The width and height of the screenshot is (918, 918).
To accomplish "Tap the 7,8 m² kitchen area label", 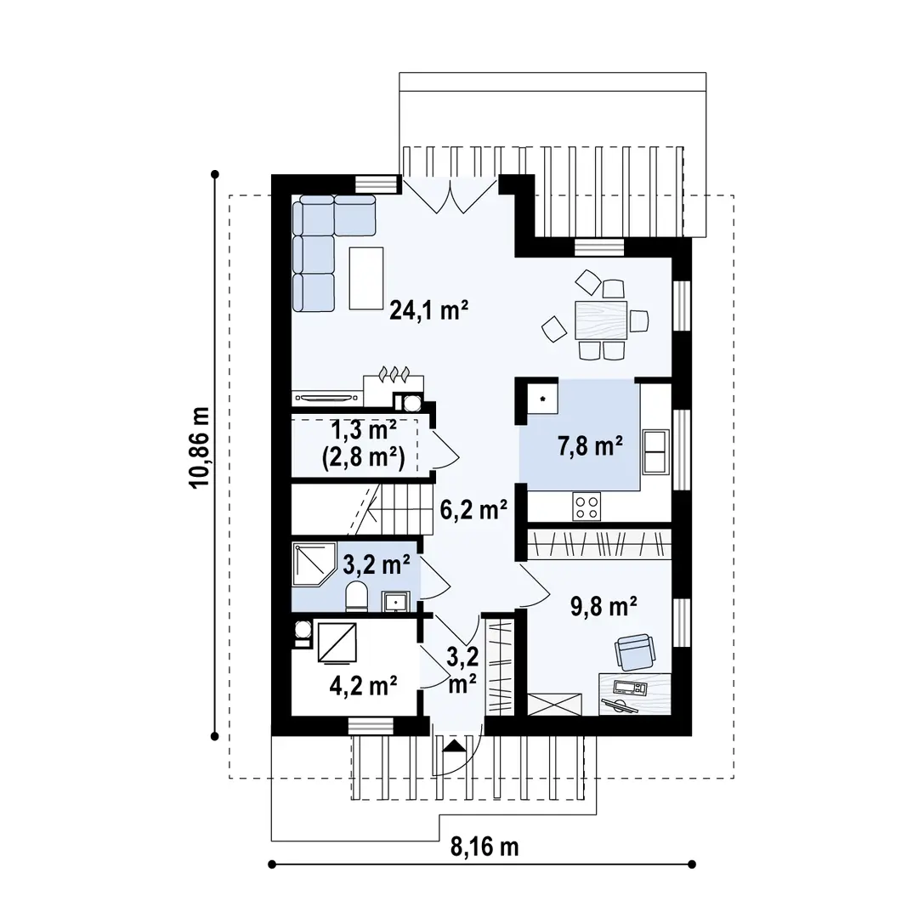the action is (x=590, y=446).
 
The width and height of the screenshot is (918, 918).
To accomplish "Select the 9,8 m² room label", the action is (x=603, y=607).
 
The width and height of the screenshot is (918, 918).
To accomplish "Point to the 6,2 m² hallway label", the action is (x=473, y=510).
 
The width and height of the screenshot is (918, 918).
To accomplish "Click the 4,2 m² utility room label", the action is (x=364, y=685).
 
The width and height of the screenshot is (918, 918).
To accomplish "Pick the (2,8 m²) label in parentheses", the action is (x=364, y=457).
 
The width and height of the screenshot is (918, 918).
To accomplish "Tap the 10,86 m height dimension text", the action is (x=200, y=447).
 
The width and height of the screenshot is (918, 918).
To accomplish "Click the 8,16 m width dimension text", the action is (x=484, y=847).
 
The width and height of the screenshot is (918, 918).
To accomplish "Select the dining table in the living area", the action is (x=601, y=320).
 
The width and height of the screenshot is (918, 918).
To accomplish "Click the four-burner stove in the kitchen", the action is (x=587, y=507).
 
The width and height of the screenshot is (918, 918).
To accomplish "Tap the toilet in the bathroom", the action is (x=356, y=597).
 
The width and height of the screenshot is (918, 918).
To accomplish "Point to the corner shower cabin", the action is (x=314, y=564).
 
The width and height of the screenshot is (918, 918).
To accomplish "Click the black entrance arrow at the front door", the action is (x=454, y=746).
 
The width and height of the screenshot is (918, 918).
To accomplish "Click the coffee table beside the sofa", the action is (x=366, y=278).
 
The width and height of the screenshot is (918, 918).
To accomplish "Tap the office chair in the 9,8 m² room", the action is (x=635, y=652).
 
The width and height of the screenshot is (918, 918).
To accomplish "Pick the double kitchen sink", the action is (x=655, y=451).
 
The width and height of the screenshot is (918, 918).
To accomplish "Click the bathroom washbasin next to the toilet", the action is (x=396, y=601).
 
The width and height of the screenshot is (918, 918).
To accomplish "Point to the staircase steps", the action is (x=391, y=509).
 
